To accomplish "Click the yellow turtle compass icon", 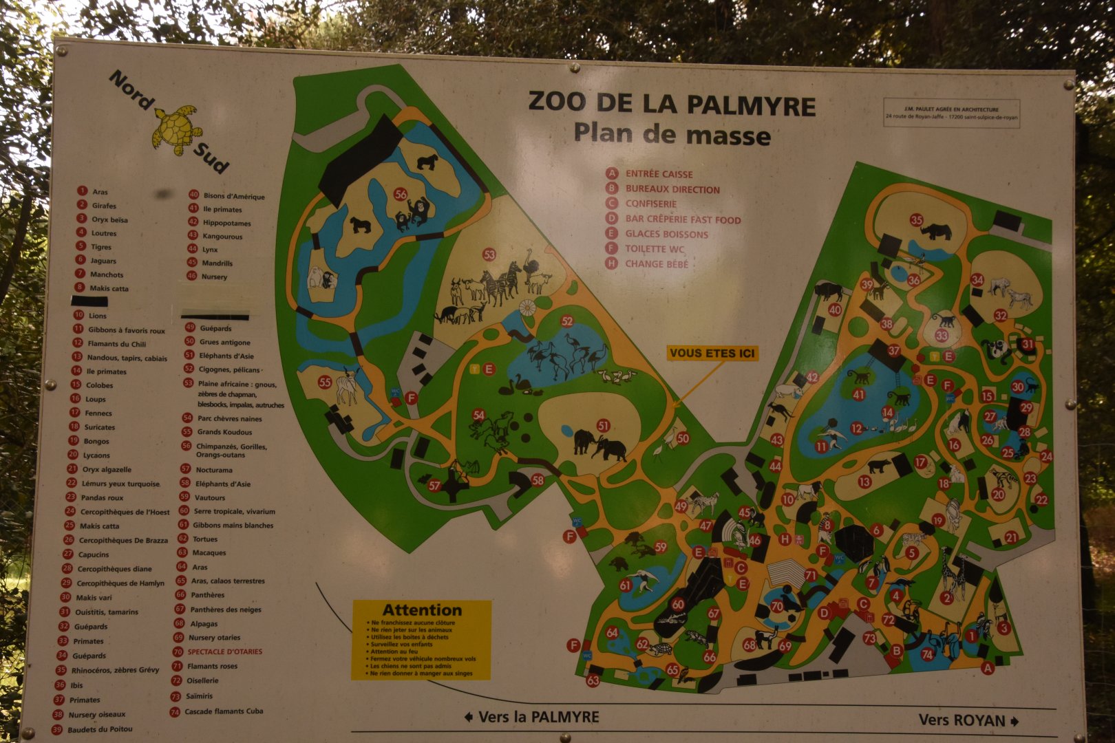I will click(175, 129).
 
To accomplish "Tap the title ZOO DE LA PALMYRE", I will click(671, 105).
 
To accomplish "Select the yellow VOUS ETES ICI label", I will click(712, 354).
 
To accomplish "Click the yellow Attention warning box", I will click(421, 640).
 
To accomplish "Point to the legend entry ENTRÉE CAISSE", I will click(659, 174).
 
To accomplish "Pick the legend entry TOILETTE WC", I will click(655, 249).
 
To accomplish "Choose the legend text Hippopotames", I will click(227, 223).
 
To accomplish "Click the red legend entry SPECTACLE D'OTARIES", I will click(224, 652).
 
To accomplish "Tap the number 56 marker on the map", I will click(401, 195).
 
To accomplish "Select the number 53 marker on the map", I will click(489, 255).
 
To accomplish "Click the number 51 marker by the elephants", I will click(604, 426).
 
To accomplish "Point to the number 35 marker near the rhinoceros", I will click(916, 220).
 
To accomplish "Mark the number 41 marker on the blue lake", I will click(858, 395).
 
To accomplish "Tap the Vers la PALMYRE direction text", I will click(531, 717).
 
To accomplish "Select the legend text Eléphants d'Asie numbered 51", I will click(226, 356).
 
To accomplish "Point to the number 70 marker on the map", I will click(777, 607).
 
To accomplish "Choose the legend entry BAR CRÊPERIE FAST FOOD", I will click(683, 219).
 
